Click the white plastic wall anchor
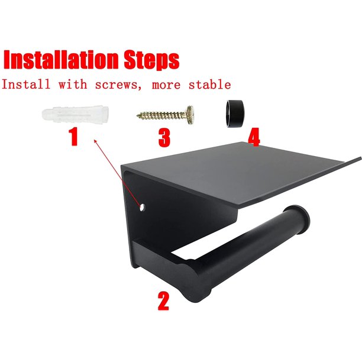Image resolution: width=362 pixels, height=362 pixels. pos(75,115)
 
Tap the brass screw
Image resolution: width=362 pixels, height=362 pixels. pos(165,115)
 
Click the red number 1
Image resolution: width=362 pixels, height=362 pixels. pos(73,137)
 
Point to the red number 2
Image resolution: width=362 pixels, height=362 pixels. pos(163,300)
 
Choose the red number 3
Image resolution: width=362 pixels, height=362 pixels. pos(164,138)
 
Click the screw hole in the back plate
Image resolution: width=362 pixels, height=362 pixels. pos(142,207)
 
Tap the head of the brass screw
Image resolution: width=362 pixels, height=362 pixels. pos(190,115)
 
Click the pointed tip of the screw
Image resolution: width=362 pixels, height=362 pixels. pos(138,115)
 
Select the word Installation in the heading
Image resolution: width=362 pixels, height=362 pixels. pos(61,60)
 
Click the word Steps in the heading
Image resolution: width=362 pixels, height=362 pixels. pos(151,60)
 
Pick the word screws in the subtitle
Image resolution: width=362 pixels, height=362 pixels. pos(119,85)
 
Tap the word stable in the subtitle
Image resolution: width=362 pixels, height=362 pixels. pos(209,84)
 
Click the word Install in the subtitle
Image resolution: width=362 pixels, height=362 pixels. pos(26,84)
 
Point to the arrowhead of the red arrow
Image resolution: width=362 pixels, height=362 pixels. pos(95,141)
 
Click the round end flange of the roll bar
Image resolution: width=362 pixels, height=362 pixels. pos(298,219)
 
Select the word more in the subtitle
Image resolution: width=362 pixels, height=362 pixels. pos(166,85)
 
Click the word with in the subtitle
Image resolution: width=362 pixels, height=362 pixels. pos(73,84)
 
